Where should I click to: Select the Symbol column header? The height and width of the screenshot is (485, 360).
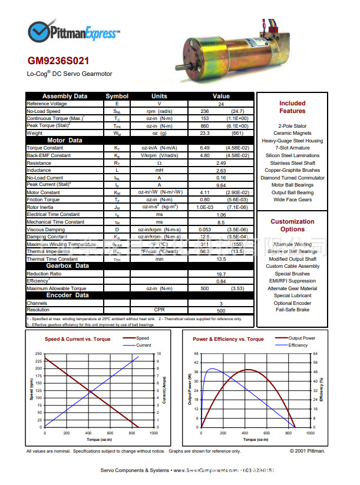click(x=117, y=96)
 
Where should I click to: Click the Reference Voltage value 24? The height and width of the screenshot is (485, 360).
click(x=221, y=104)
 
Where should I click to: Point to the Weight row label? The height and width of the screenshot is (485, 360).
click(x=35, y=133)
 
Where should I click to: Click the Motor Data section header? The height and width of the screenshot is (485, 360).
click(x=65, y=140)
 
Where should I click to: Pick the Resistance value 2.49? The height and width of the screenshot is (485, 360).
click(x=221, y=163)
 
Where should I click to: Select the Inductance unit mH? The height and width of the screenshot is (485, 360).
click(x=159, y=170)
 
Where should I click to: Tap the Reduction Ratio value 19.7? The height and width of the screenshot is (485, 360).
click(x=221, y=274)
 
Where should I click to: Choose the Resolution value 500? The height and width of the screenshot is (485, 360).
click(x=221, y=310)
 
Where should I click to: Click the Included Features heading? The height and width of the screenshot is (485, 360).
click(x=292, y=107)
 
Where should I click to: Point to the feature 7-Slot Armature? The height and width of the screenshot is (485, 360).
click(x=292, y=148)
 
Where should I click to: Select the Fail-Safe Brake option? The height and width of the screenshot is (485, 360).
click(x=292, y=310)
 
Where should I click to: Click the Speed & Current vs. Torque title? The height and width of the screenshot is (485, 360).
click(x=78, y=340)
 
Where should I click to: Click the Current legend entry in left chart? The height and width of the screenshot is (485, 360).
click(x=143, y=346)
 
